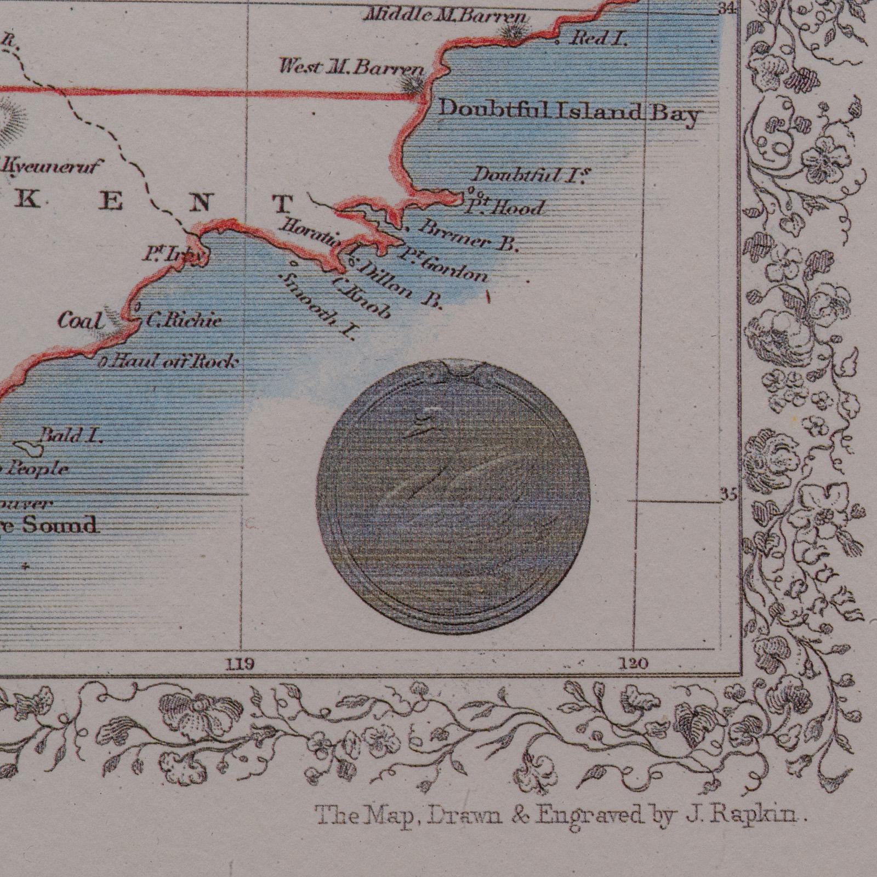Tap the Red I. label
[600, 38]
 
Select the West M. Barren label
[351, 68]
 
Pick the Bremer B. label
[468, 236]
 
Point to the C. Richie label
[184, 320]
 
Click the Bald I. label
[73, 436]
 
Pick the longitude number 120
[635, 664]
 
